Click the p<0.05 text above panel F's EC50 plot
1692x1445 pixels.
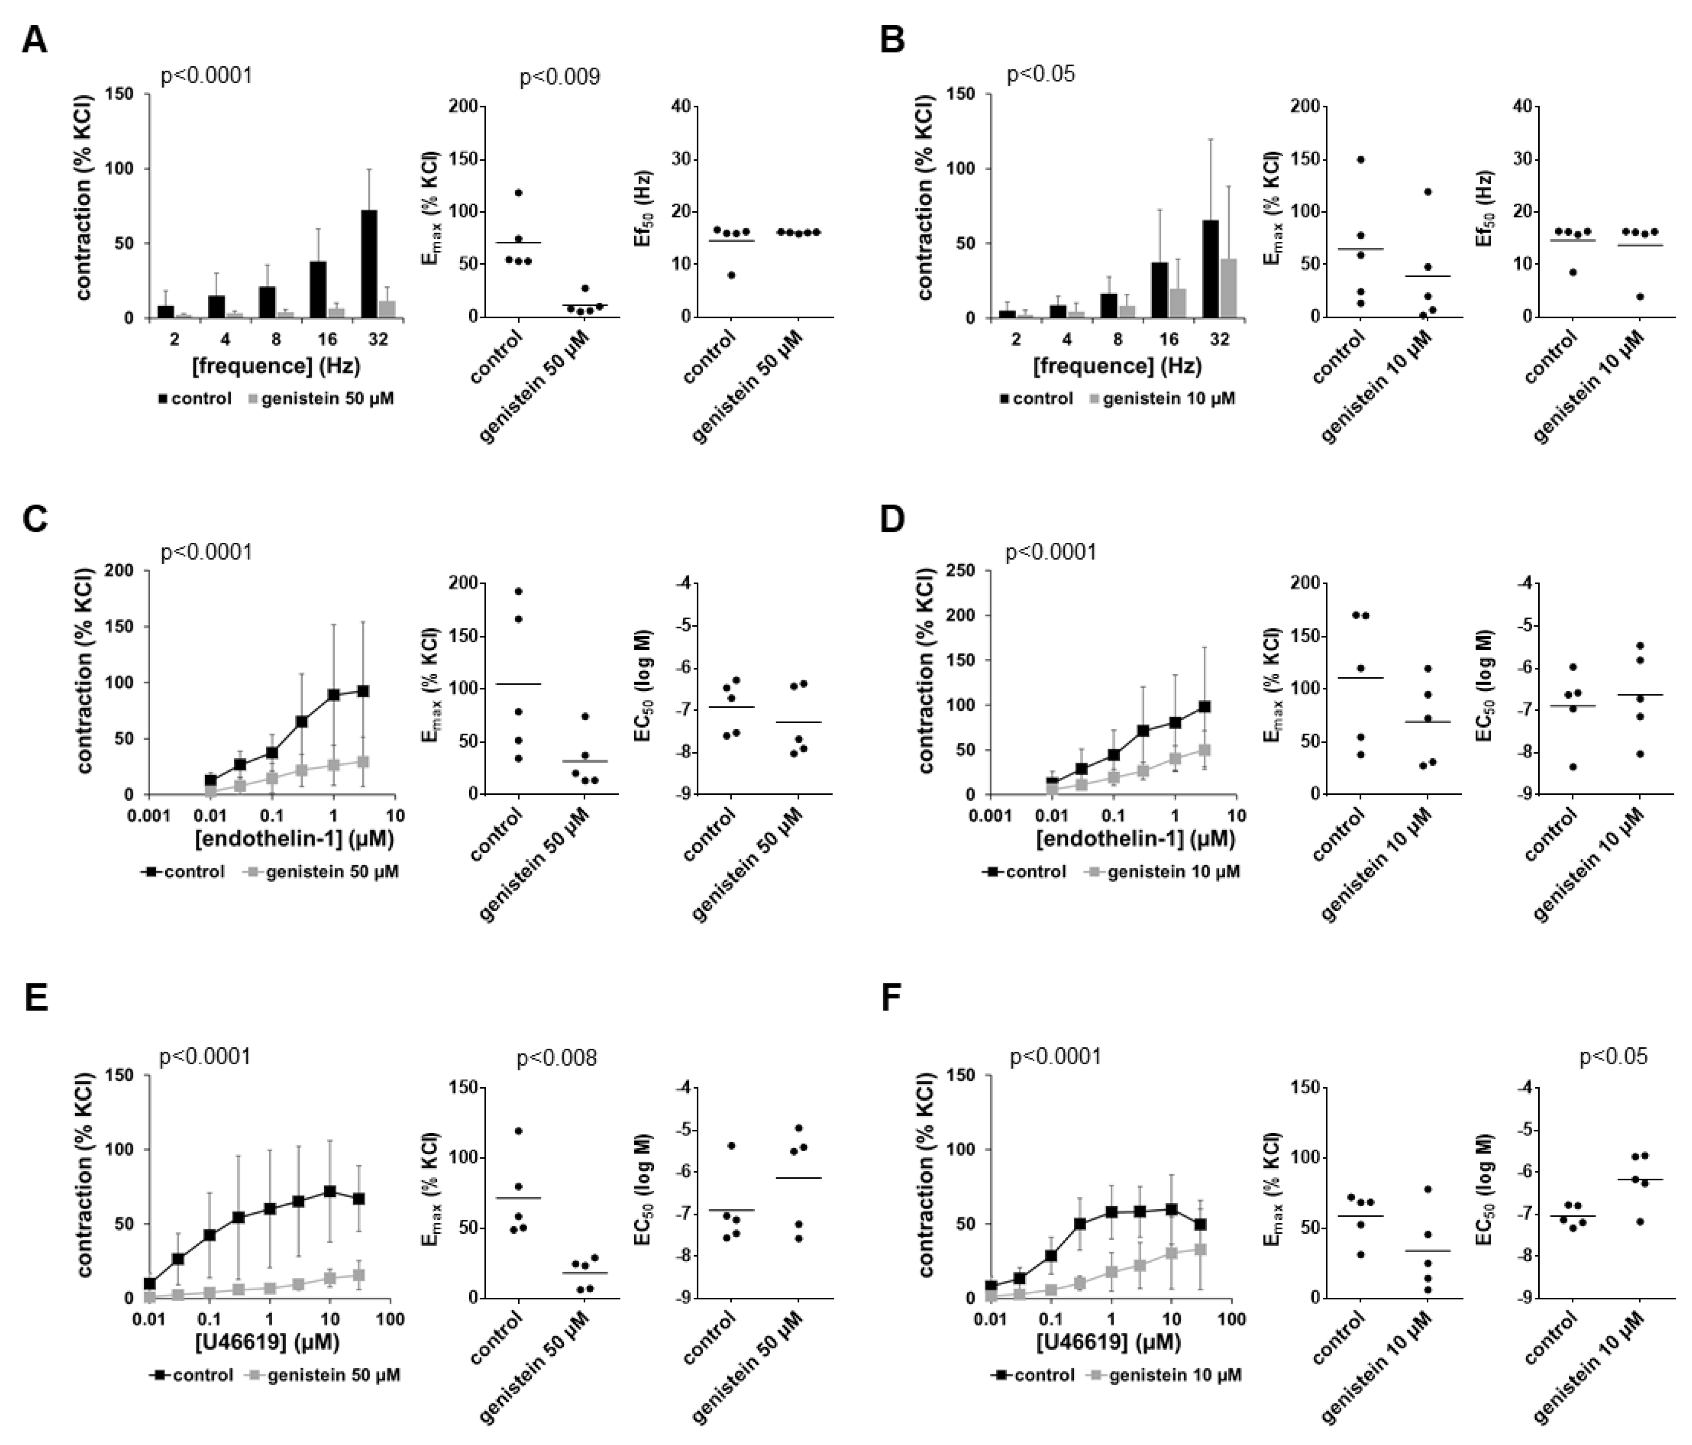(x=1613, y=1057)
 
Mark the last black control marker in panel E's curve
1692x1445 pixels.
(x=358, y=1199)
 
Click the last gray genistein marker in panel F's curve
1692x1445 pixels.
(x=1200, y=1249)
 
